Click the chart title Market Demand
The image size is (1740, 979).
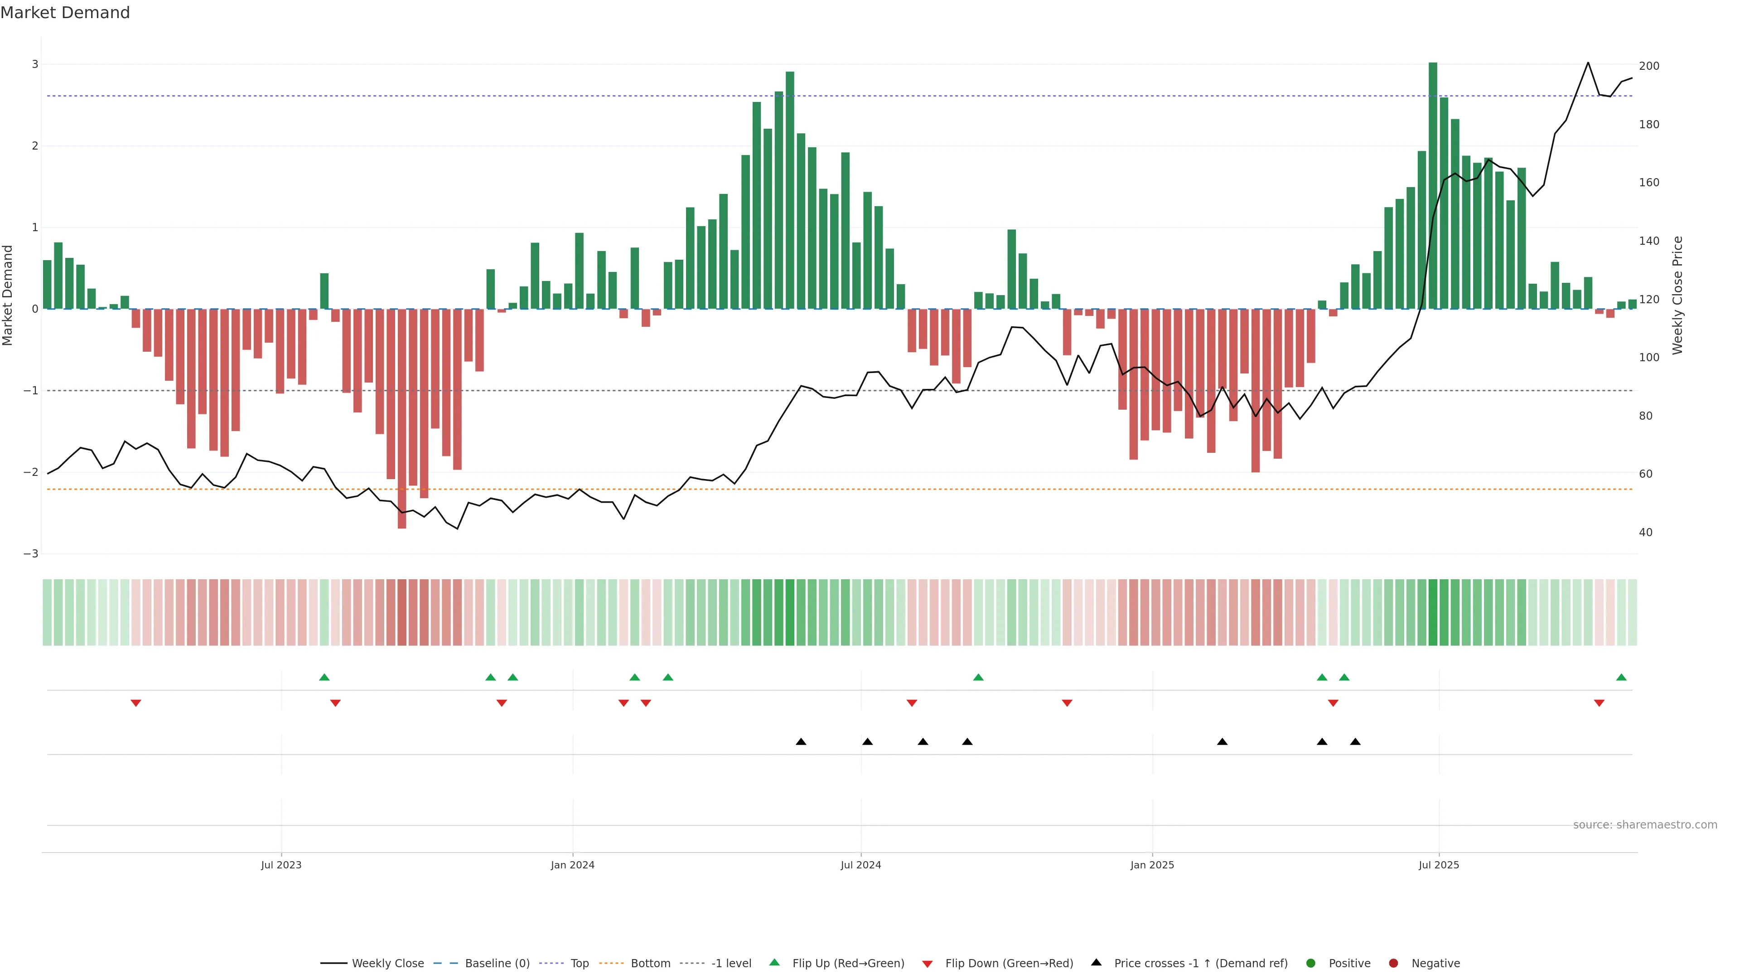pos(65,13)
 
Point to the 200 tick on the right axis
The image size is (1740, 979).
pos(1649,66)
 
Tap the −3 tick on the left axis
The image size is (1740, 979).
pos(31,554)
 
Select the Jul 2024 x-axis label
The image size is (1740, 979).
pos(860,865)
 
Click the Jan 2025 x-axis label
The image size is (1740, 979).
pos(1152,865)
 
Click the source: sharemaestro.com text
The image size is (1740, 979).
pos(1645,825)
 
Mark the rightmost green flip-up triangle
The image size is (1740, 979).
pos(1621,677)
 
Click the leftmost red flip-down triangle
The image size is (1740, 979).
pos(136,703)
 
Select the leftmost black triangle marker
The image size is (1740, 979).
pos(801,742)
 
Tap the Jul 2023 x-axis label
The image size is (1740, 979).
pos(281,865)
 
